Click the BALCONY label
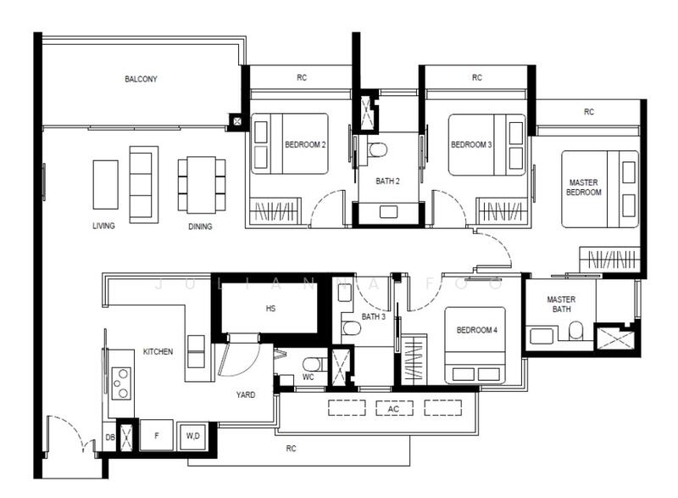click(141, 79)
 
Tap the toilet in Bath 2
click(377, 149)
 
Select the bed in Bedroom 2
click(290, 143)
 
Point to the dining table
click(201, 185)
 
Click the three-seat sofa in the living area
click(144, 185)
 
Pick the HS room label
click(270, 309)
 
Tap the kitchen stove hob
click(121, 383)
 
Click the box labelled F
click(157, 435)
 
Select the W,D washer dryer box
click(193, 436)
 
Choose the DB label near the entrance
click(110, 438)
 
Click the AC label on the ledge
click(393, 409)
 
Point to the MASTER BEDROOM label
click(584, 187)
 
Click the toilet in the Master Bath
click(575, 331)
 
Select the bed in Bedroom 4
click(475, 345)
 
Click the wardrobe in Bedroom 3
click(502, 211)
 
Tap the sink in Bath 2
click(388, 212)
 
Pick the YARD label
click(246, 394)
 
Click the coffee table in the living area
click(105, 185)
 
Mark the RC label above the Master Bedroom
click(589, 112)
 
